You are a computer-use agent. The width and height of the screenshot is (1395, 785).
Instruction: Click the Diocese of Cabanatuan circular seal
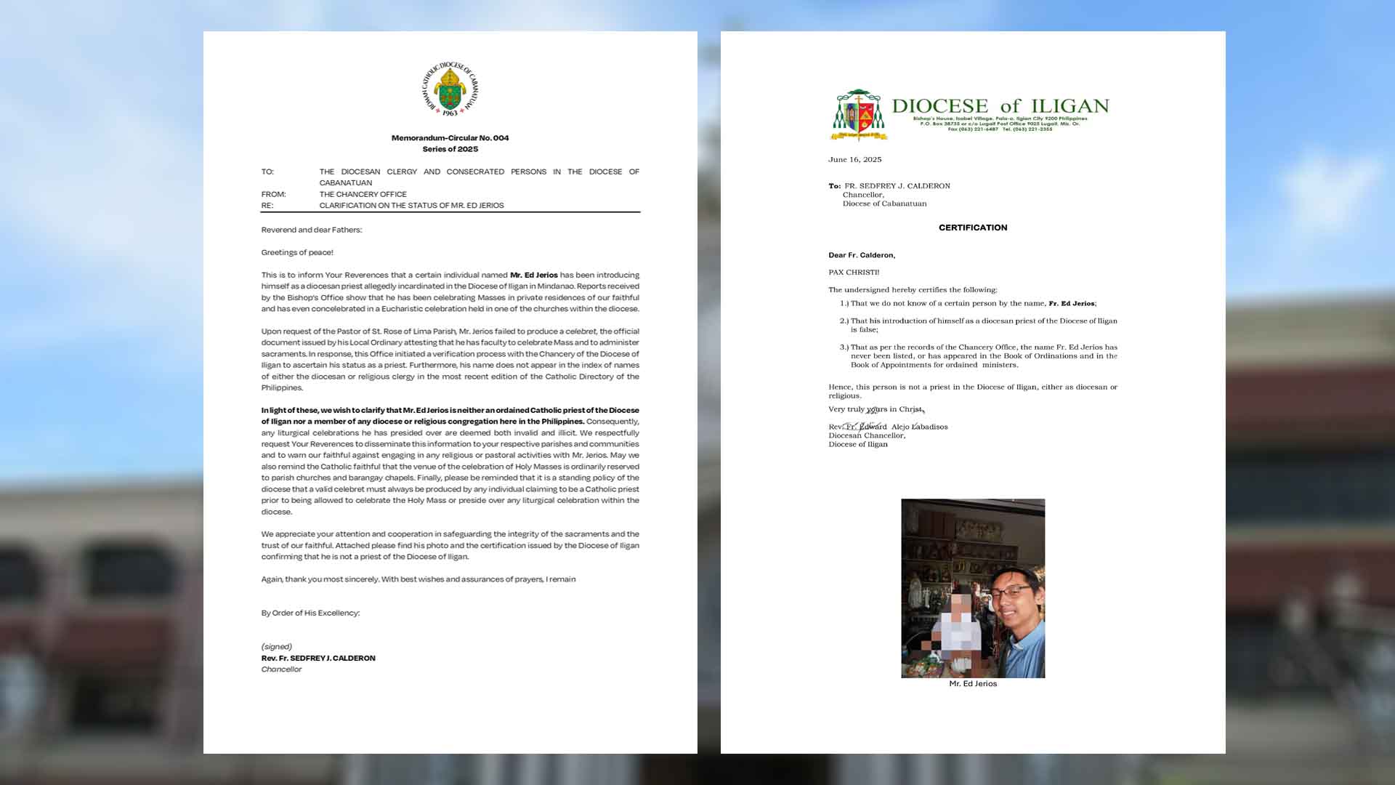[x=450, y=89]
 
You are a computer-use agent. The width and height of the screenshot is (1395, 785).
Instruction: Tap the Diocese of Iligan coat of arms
[x=859, y=115]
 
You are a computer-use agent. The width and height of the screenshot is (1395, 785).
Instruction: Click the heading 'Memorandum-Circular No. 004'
[x=450, y=137]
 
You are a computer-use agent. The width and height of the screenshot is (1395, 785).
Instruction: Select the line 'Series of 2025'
[x=450, y=149]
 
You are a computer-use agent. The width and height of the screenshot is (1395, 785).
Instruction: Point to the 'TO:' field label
[x=267, y=172]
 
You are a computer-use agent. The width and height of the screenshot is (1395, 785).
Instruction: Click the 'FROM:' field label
[x=273, y=194]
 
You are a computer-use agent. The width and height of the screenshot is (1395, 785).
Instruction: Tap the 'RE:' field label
[x=267, y=206]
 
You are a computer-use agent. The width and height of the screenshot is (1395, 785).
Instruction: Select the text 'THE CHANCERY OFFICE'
[x=363, y=194]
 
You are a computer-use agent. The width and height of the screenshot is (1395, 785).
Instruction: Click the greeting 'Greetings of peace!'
[x=297, y=252]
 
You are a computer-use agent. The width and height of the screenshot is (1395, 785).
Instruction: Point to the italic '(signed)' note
[x=276, y=646]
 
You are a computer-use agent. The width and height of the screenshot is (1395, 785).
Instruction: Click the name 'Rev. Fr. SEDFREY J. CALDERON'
[x=318, y=658]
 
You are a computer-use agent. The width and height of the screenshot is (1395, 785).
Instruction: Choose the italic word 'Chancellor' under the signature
[x=281, y=669]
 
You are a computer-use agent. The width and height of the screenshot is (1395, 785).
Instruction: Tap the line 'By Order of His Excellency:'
[x=310, y=613]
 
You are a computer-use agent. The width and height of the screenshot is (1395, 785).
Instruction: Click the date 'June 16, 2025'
[x=854, y=159]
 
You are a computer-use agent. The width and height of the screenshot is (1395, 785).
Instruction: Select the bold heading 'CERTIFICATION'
[x=972, y=228]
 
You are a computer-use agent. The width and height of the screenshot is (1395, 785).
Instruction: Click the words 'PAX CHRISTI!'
[x=854, y=273]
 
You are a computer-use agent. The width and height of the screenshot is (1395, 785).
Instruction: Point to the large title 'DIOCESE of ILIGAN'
[x=1000, y=106]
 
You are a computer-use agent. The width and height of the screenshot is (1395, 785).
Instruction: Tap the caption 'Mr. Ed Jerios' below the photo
[x=972, y=684]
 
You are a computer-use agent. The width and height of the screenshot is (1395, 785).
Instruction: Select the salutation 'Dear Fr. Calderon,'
[x=862, y=255]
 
